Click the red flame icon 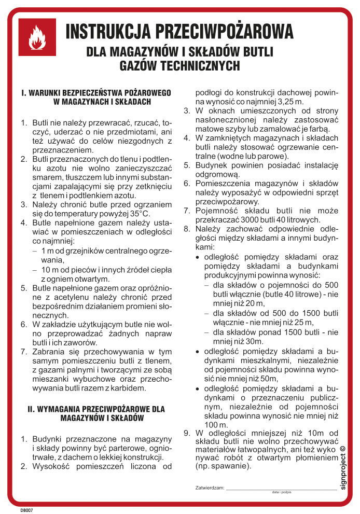[37, 37]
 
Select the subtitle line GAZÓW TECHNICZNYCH [179, 66]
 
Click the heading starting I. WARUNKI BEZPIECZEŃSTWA [96, 93]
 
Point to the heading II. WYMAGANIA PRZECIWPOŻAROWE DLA [96, 409]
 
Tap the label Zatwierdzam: [210, 488]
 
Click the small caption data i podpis [281, 492]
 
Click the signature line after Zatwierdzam [281, 489]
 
